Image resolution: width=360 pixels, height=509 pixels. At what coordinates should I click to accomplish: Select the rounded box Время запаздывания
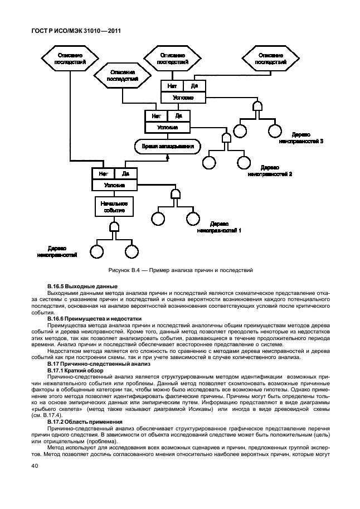point(168,147)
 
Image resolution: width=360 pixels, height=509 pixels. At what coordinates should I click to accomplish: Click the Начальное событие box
point(115,207)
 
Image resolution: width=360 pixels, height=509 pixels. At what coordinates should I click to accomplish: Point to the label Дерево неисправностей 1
point(219,226)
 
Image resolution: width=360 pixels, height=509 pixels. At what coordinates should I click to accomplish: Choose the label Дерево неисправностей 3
point(301,138)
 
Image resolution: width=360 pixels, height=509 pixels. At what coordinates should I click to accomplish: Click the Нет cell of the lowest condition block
point(103,174)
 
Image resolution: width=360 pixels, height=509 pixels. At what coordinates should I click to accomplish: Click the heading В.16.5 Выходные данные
point(75,286)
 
